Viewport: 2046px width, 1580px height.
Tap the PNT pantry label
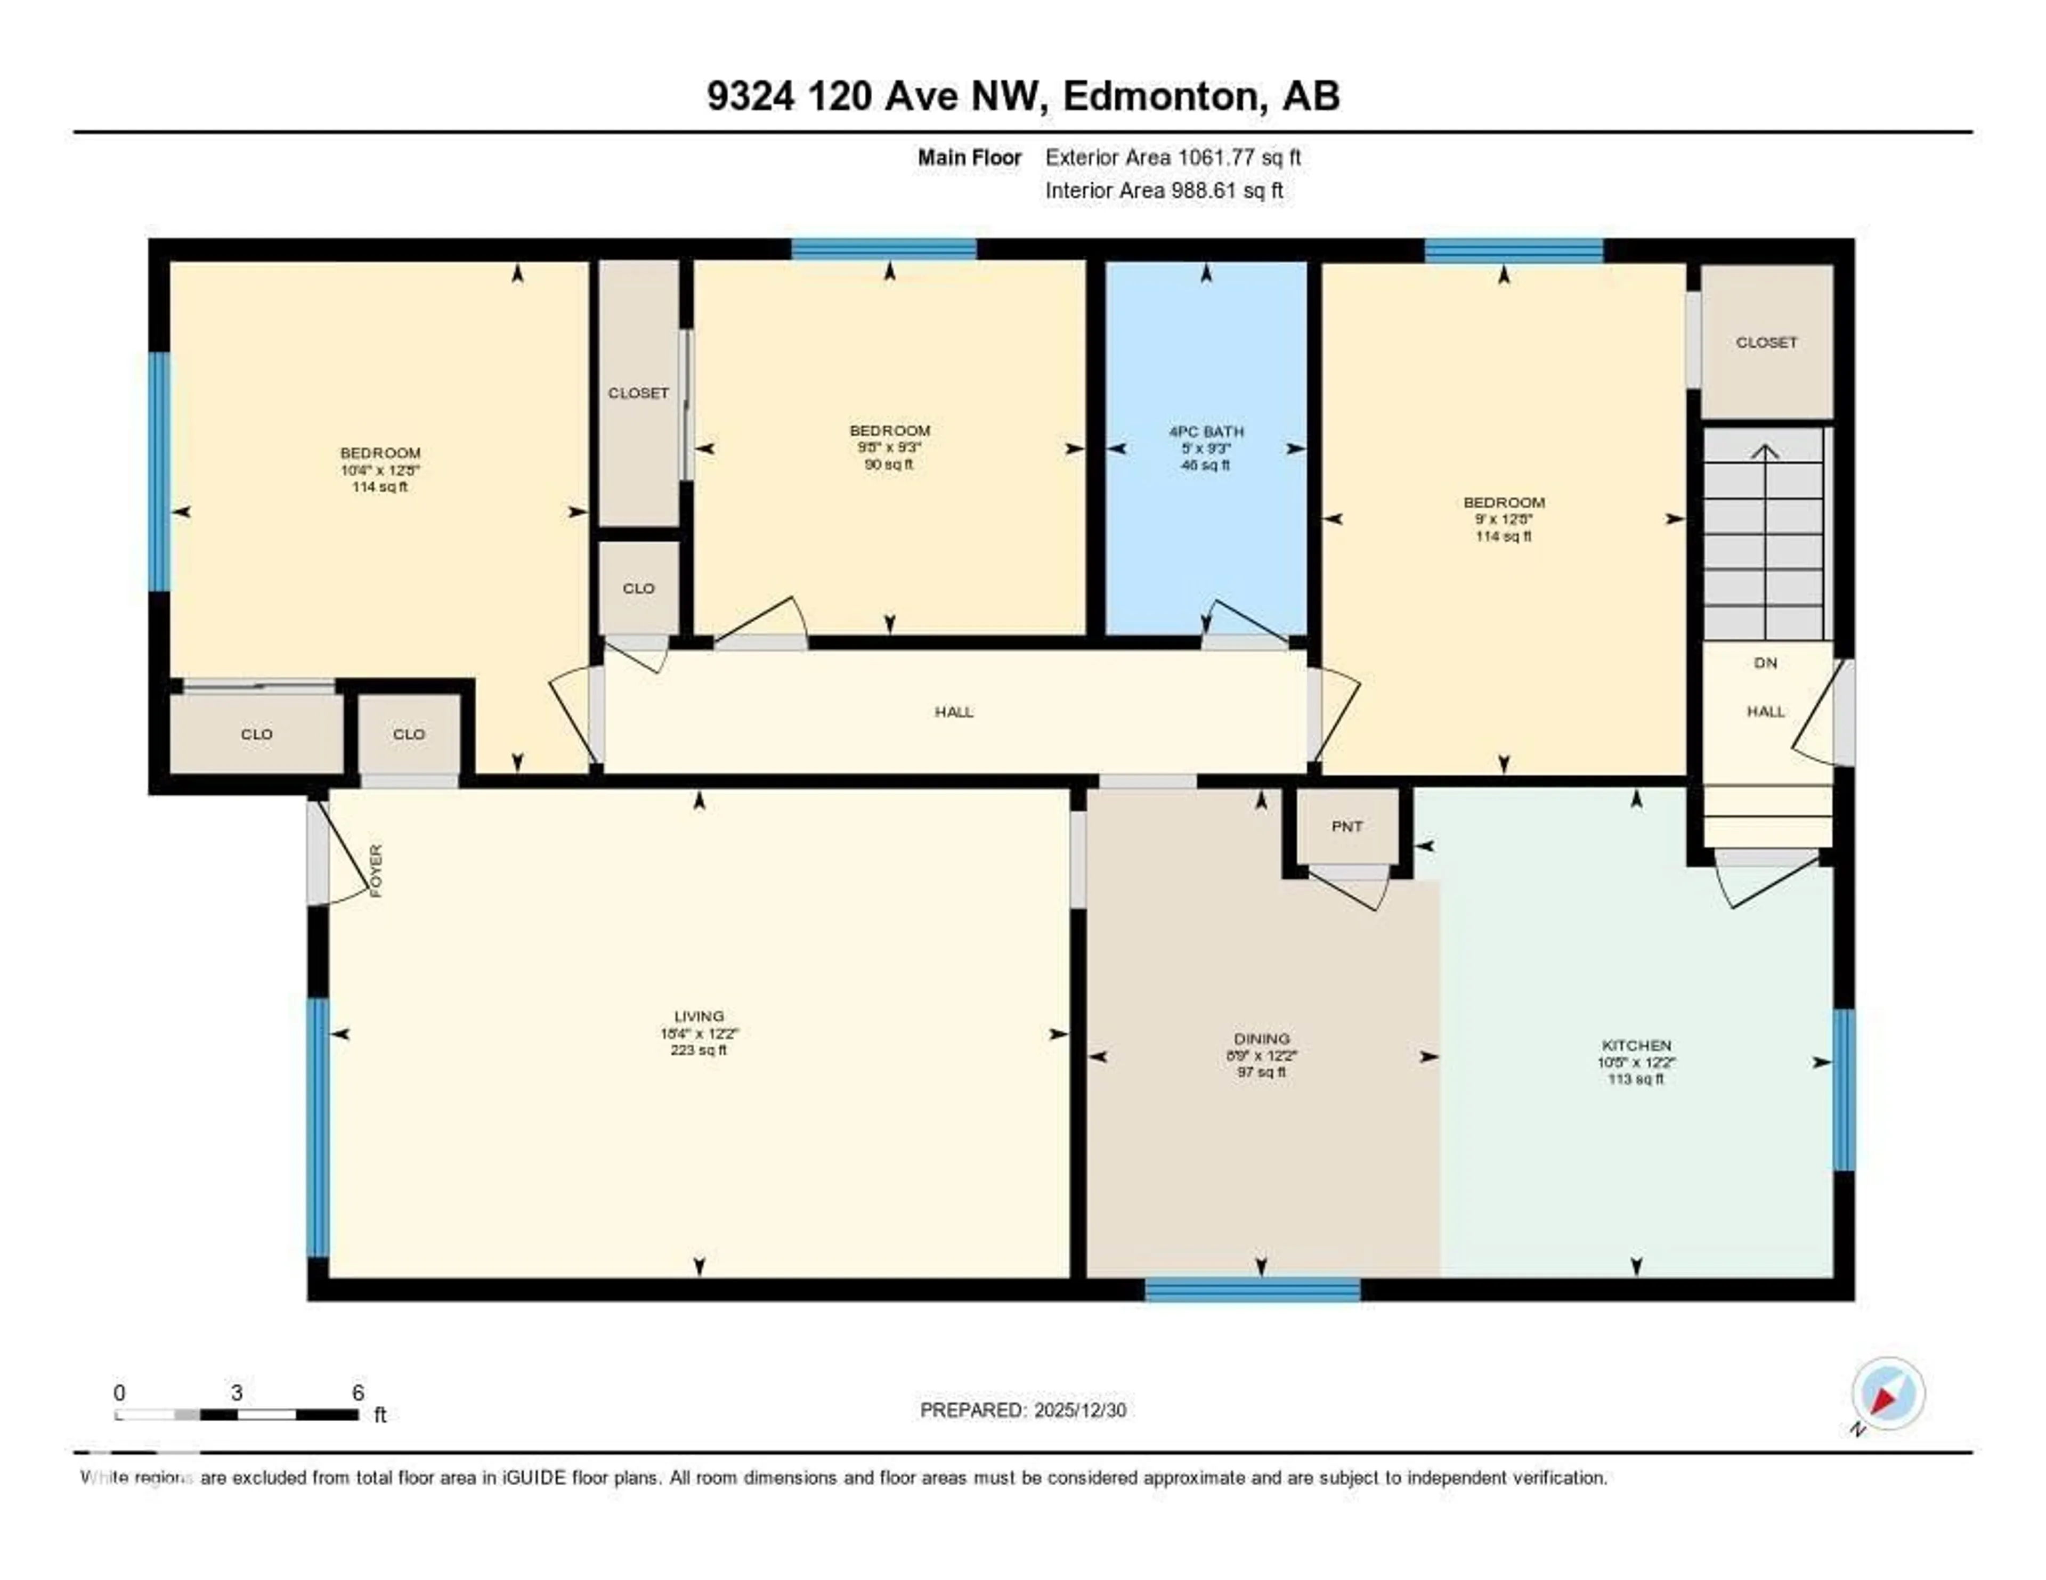point(1346,826)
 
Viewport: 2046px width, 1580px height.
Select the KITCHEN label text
point(1636,1045)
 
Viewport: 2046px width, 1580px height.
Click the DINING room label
point(1261,1039)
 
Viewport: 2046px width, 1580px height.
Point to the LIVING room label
point(699,1016)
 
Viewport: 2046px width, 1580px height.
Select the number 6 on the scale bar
point(358,1392)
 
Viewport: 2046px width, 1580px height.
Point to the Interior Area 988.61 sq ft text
point(1164,191)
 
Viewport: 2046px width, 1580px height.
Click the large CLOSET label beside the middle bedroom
point(638,393)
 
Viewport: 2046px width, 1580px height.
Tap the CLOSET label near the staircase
point(1766,343)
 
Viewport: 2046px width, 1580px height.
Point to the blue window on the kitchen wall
point(1842,1089)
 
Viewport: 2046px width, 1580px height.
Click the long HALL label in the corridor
point(954,712)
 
